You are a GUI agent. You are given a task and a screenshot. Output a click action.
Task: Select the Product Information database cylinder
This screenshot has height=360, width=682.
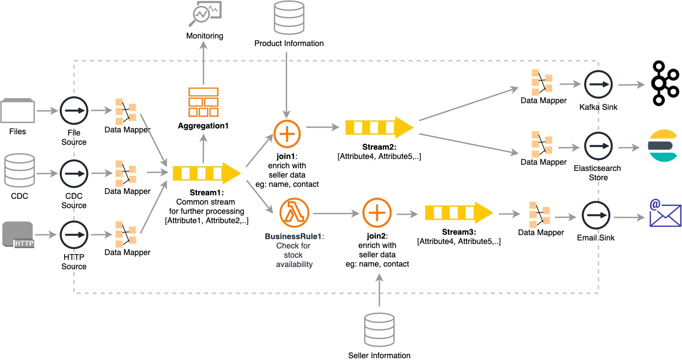coord(289,18)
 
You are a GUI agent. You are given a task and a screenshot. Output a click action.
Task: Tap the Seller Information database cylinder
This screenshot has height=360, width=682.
coord(379,330)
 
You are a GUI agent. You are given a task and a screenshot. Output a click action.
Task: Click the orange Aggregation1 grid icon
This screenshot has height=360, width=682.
coord(203,102)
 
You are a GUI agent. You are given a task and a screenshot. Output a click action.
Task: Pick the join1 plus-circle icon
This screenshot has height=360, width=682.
coord(287,134)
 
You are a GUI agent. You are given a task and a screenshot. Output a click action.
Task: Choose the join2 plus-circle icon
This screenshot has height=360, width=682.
coord(377,213)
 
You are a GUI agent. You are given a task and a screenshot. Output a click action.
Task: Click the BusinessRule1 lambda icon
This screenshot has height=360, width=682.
coord(294,213)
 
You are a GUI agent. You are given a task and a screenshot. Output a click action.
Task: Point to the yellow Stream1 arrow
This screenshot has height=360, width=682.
coord(207,173)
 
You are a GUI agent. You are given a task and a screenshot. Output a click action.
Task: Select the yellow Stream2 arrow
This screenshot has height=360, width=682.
coord(379,128)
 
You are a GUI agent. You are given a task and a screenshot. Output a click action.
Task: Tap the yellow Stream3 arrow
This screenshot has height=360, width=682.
coord(459,213)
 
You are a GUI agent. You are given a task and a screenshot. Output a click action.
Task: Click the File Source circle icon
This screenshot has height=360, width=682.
coord(74,111)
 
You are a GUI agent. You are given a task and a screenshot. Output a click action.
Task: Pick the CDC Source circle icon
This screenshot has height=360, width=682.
coord(74,174)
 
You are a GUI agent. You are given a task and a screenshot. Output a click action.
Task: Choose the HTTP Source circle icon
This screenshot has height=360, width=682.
coord(74,235)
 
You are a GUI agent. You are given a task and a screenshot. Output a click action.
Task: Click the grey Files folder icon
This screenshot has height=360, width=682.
coord(18,111)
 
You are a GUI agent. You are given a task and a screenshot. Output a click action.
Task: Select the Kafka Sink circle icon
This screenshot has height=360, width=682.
coord(598,84)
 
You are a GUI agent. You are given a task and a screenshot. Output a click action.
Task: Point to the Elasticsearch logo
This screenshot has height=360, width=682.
coord(663,146)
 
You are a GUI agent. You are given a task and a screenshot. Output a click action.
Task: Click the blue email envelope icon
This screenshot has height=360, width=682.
coord(665,214)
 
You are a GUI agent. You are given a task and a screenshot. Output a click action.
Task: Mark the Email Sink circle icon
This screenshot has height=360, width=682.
coord(596,216)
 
